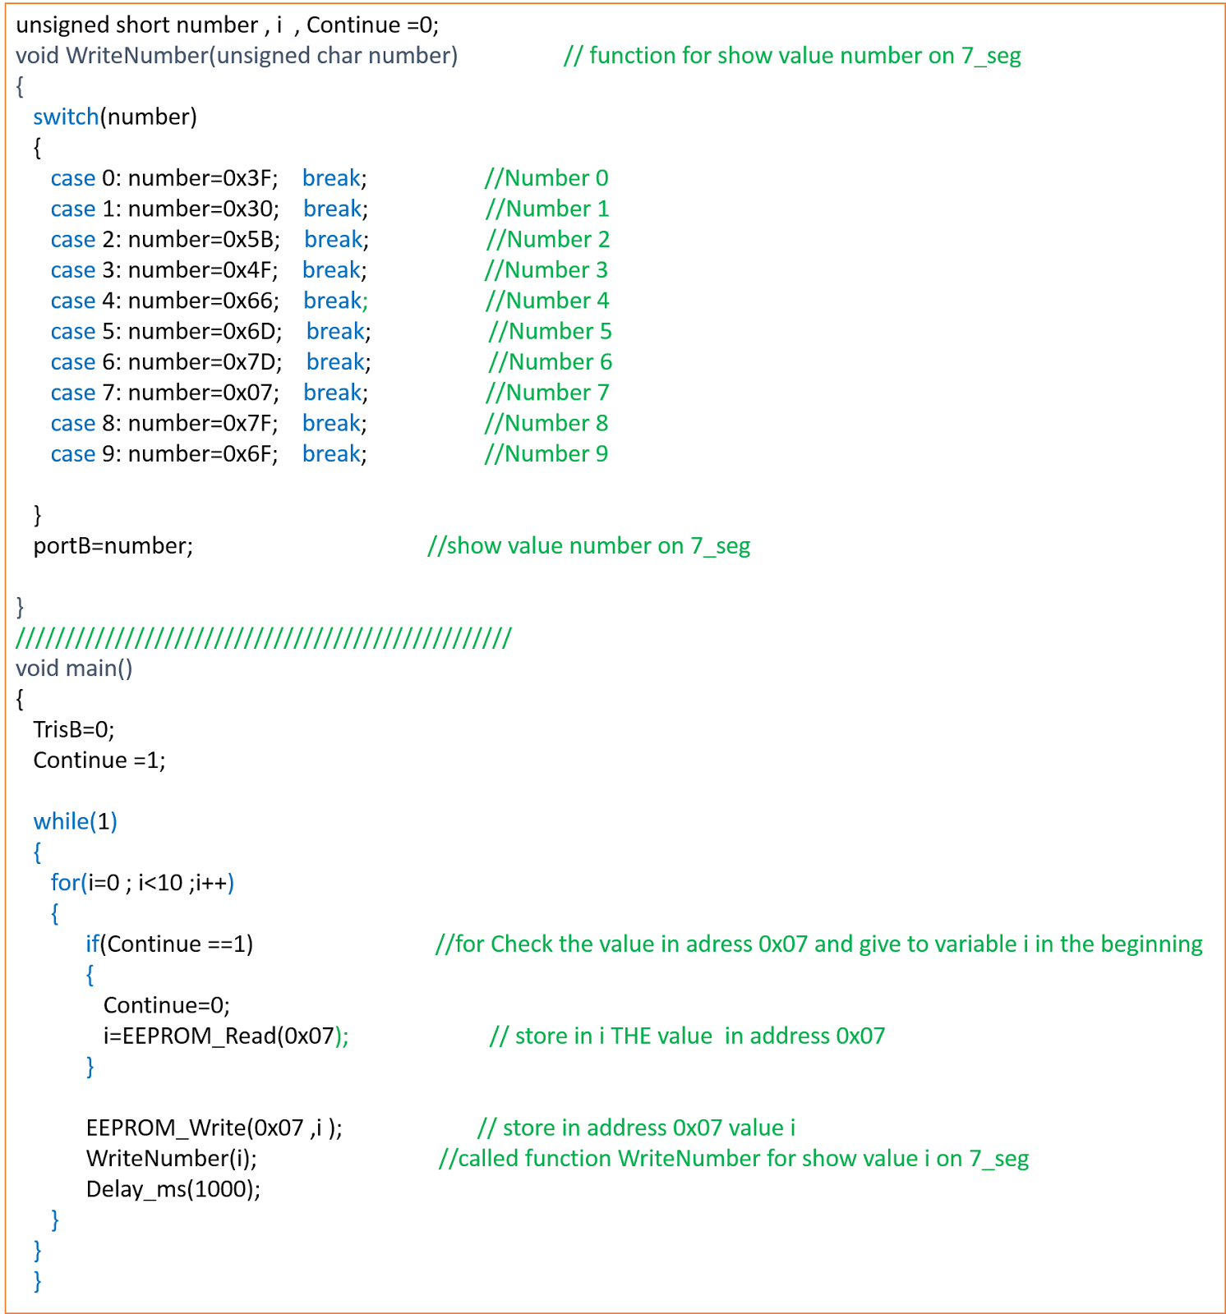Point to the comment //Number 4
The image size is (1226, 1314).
pyautogui.click(x=547, y=301)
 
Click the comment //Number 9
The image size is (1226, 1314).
pyautogui.click(x=546, y=454)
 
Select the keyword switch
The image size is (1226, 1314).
pyautogui.click(x=66, y=117)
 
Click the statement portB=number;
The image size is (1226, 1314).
pyautogui.click(x=113, y=546)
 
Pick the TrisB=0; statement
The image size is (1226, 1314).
pyautogui.click(x=74, y=730)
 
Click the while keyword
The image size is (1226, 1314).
pyautogui.click(x=61, y=821)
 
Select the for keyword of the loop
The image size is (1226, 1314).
pyautogui.click(x=65, y=883)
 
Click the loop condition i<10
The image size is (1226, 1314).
pyautogui.click(x=160, y=883)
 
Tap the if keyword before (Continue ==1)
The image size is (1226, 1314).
pyautogui.click(x=92, y=944)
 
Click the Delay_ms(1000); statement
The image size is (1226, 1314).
pyautogui.click(x=173, y=1189)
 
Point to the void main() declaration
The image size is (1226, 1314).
pyautogui.click(x=74, y=668)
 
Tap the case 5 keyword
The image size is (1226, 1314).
pyautogui.click(x=73, y=332)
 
